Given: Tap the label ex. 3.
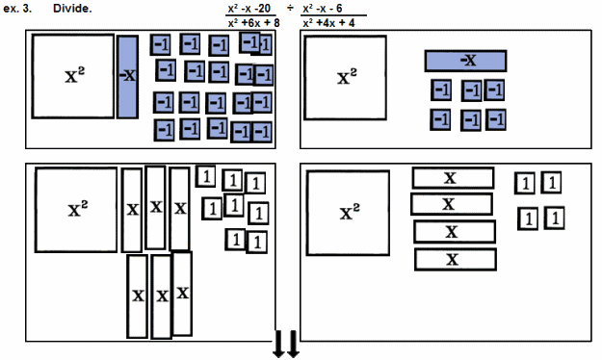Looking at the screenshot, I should tap(17, 8).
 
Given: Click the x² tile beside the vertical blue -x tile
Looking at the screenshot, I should tap(72, 77).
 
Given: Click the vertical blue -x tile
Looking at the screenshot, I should tap(127, 77).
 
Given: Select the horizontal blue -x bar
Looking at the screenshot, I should tap(466, 61).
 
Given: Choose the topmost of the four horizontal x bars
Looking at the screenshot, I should tap(453, 178).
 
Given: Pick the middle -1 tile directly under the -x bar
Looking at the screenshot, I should tap(471, 90).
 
